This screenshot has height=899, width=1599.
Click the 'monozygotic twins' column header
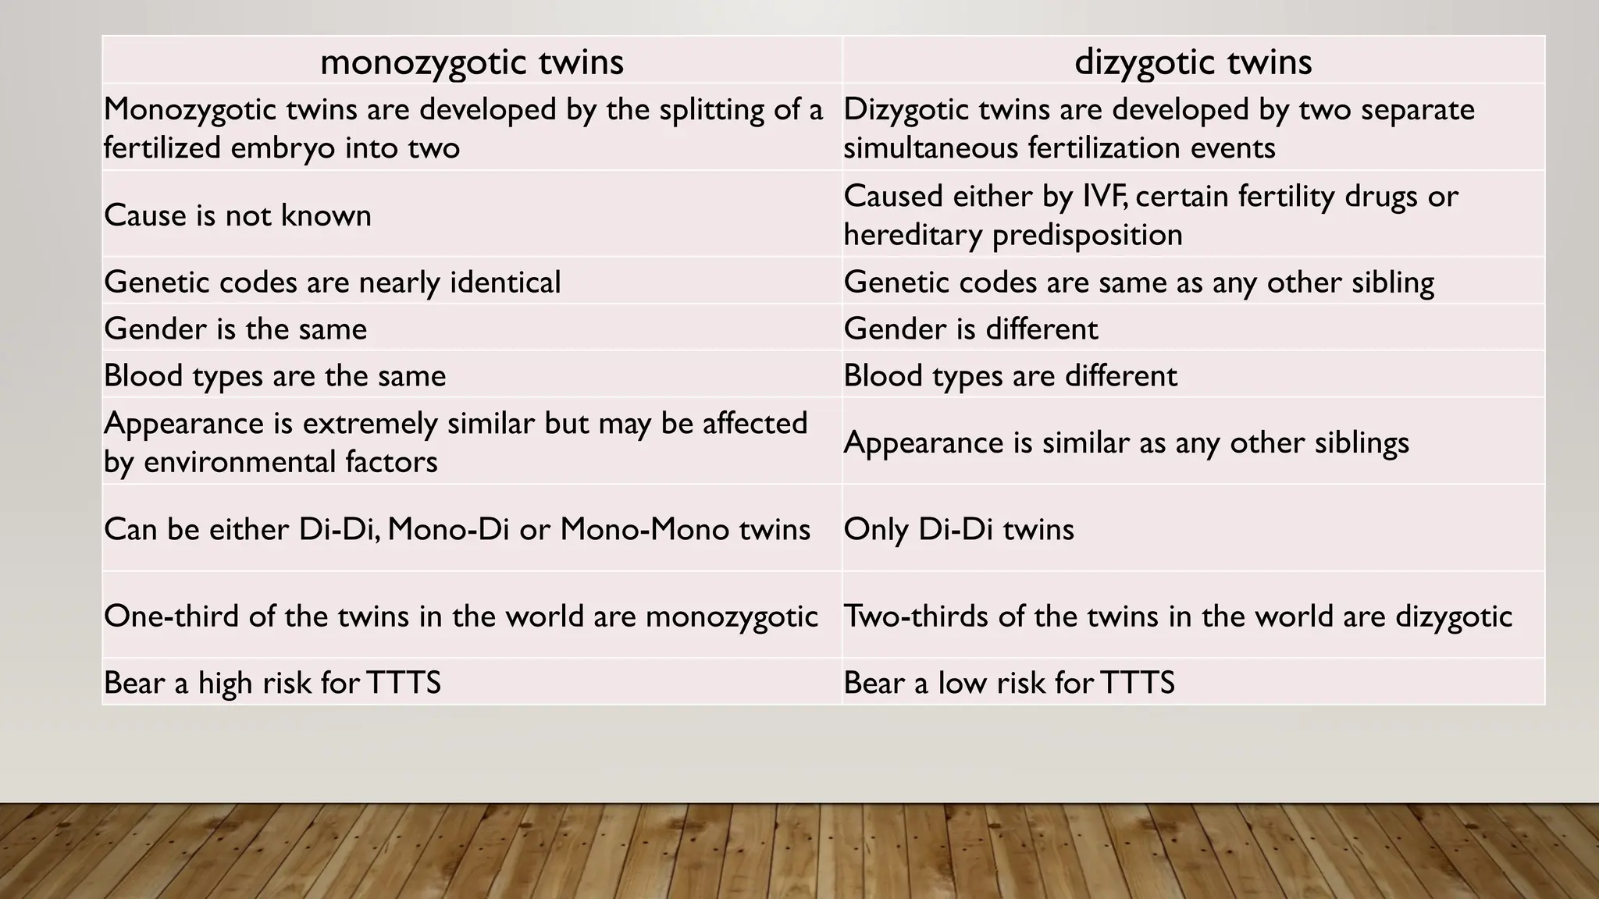[472, 62]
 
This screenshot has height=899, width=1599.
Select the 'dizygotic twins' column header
[1193, 62]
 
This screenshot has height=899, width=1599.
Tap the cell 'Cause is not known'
[237, 215]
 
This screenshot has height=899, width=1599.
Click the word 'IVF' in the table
[1104, 196]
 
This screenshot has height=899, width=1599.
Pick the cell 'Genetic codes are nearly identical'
[332, 282]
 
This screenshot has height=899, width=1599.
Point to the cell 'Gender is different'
[970, 329]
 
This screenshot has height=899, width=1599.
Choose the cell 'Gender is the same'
[235, 329]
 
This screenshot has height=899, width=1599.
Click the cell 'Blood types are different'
[1010, 375]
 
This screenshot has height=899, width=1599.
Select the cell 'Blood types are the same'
[274, 375]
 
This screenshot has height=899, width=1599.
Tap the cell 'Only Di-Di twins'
[959, 529]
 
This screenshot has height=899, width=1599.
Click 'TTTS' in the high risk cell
[404, 683]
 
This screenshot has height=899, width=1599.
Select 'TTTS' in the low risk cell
[1138, 683]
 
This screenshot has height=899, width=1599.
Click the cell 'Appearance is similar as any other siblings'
[1126, 442]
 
